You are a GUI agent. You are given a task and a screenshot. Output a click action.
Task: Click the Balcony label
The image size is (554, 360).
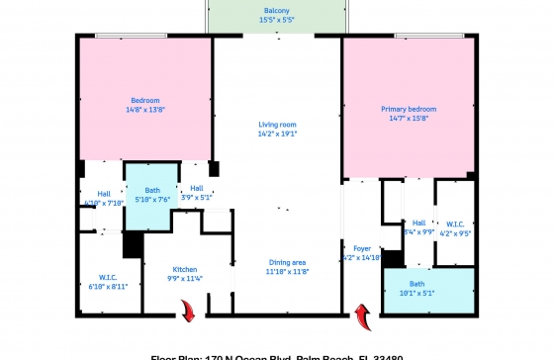pyautogui.click(x=277, y=9)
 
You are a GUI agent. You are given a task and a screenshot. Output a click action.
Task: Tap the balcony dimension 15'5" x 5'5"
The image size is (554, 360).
pyautogui.click(x=277, y=19)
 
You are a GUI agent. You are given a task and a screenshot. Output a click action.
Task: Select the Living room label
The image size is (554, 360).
pyautogui.click(x=277, y=123)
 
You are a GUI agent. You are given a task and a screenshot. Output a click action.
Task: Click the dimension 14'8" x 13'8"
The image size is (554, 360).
pyautogui.click(x=145, y=110)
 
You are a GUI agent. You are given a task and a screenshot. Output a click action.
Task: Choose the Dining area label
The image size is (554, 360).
pyautogui.click(x=289, y=261)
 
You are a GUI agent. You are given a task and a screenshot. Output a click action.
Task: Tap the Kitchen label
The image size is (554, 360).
pyautogui.click(x=185, y=269)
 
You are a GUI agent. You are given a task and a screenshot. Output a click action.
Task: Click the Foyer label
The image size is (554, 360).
pyautogui.click(x=362, y=247)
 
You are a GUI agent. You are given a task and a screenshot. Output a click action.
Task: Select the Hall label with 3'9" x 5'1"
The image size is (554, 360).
pyautogui.click(x=197, y=187)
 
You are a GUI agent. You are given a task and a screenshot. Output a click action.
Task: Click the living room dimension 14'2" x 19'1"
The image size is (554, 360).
pyautogui.click(x=277, y=133)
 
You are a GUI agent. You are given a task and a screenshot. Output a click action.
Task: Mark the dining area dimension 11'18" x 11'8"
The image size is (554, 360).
pyautogui.click(x=289, y=271)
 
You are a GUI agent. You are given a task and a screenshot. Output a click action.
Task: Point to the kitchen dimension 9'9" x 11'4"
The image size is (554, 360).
pyautogui.click(x=185, y=279)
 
